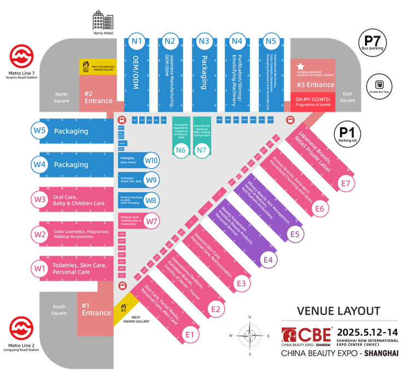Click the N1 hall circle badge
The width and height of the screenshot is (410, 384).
tap(136, 40)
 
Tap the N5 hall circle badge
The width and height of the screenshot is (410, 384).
tap(271, 40)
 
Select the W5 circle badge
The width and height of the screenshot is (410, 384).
tap(39, 131)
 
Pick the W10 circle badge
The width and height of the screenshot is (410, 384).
tap(151, 161)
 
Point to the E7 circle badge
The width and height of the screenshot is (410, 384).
tap(345, 184)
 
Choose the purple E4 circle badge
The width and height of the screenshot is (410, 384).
tap(268, 259)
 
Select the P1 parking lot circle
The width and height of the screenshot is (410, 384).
tap(347, 134)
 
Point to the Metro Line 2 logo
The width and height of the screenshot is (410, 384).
tap(22, 329)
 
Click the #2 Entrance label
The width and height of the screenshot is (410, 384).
tap(98, 97)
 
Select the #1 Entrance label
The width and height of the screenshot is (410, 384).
tap(96, 309)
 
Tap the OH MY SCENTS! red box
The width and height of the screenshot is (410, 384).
tap(312, 102)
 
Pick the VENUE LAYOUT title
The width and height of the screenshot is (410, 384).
tap(338, 311)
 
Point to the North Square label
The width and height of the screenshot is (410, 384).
tap(61, 98)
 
